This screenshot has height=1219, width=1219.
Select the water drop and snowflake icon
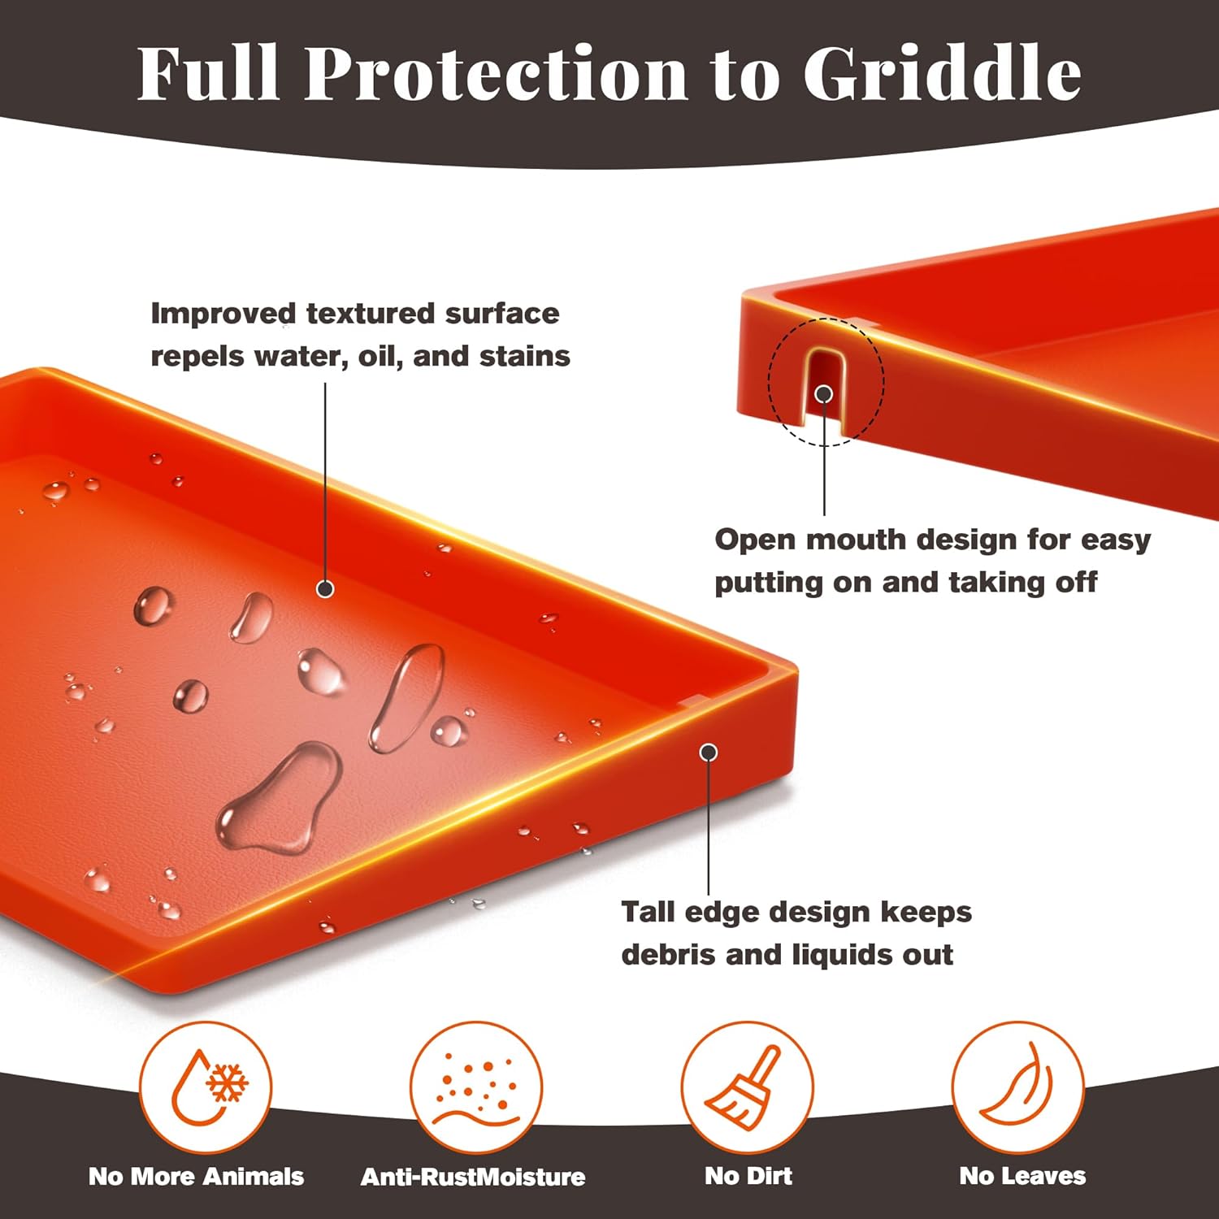click(x=205, y=1087)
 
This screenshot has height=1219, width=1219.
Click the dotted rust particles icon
click(x=475, y=1087)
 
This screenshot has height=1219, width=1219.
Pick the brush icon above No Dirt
click(x=746, y=1087)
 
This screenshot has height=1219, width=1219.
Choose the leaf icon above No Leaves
click(x=1017, y=1087)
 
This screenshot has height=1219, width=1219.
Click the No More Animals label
click(x=196, y=1176)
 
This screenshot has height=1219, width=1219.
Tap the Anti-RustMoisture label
click(x=473, y=1176)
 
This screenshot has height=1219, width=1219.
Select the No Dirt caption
click(x=748, y=1176)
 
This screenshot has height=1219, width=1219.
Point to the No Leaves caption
click(x=1022, y=1176)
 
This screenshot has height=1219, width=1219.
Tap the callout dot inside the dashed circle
click(x=824, y=394)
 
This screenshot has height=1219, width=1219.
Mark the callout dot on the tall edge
click(x=709, y=753)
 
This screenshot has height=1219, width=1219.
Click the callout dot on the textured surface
click(x=325, y=588)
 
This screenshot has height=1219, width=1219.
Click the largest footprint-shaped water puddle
click(x=280, y=800)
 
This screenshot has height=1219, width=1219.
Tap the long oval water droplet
click(x=406, y=697)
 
